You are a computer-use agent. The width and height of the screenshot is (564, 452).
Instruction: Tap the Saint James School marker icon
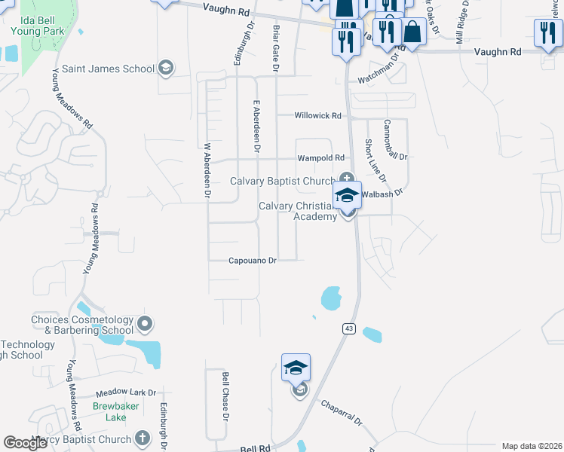tap(166, 69)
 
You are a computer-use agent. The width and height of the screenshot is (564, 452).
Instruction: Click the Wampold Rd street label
tap(320, 158)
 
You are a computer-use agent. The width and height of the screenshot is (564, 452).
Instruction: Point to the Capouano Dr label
tap(253, 261)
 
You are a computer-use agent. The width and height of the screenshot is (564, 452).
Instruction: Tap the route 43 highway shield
tap(348, 328)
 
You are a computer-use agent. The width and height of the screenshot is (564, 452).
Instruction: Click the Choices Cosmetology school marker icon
tap(146, 325)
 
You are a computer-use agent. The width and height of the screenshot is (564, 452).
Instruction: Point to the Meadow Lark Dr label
tap(126, 393)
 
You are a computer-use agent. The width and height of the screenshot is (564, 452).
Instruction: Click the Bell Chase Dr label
tap(225, 392)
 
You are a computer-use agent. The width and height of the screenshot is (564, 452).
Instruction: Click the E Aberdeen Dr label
tap(256, 128)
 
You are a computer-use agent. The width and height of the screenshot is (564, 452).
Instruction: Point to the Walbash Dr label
tap(383, 194)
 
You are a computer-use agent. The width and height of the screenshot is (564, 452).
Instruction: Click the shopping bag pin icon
tap(412, 32)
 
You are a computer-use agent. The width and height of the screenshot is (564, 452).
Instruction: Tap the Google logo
tap(26, 443)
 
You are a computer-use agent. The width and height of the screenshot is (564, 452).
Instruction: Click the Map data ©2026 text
tap(531, 446)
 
